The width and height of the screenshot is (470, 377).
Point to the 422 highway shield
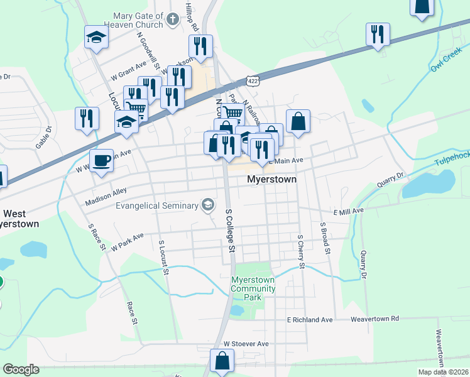point(252,81)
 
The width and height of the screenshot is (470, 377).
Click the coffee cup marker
point(102,160)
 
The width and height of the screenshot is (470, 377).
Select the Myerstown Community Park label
point(253,288)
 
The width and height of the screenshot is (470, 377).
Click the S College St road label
point(230,231)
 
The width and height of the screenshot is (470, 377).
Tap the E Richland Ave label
point(310,320)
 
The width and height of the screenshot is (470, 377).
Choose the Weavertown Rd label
point(374,319)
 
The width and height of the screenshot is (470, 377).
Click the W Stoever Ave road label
point(246,344)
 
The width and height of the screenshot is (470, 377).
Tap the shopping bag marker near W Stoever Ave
point(222,361)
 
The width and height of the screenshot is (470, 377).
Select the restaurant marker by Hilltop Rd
point(200,46)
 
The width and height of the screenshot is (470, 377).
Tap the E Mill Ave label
point(349,211)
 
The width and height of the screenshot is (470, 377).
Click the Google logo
point(21,369)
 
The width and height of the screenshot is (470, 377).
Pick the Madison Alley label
point(106,195)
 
